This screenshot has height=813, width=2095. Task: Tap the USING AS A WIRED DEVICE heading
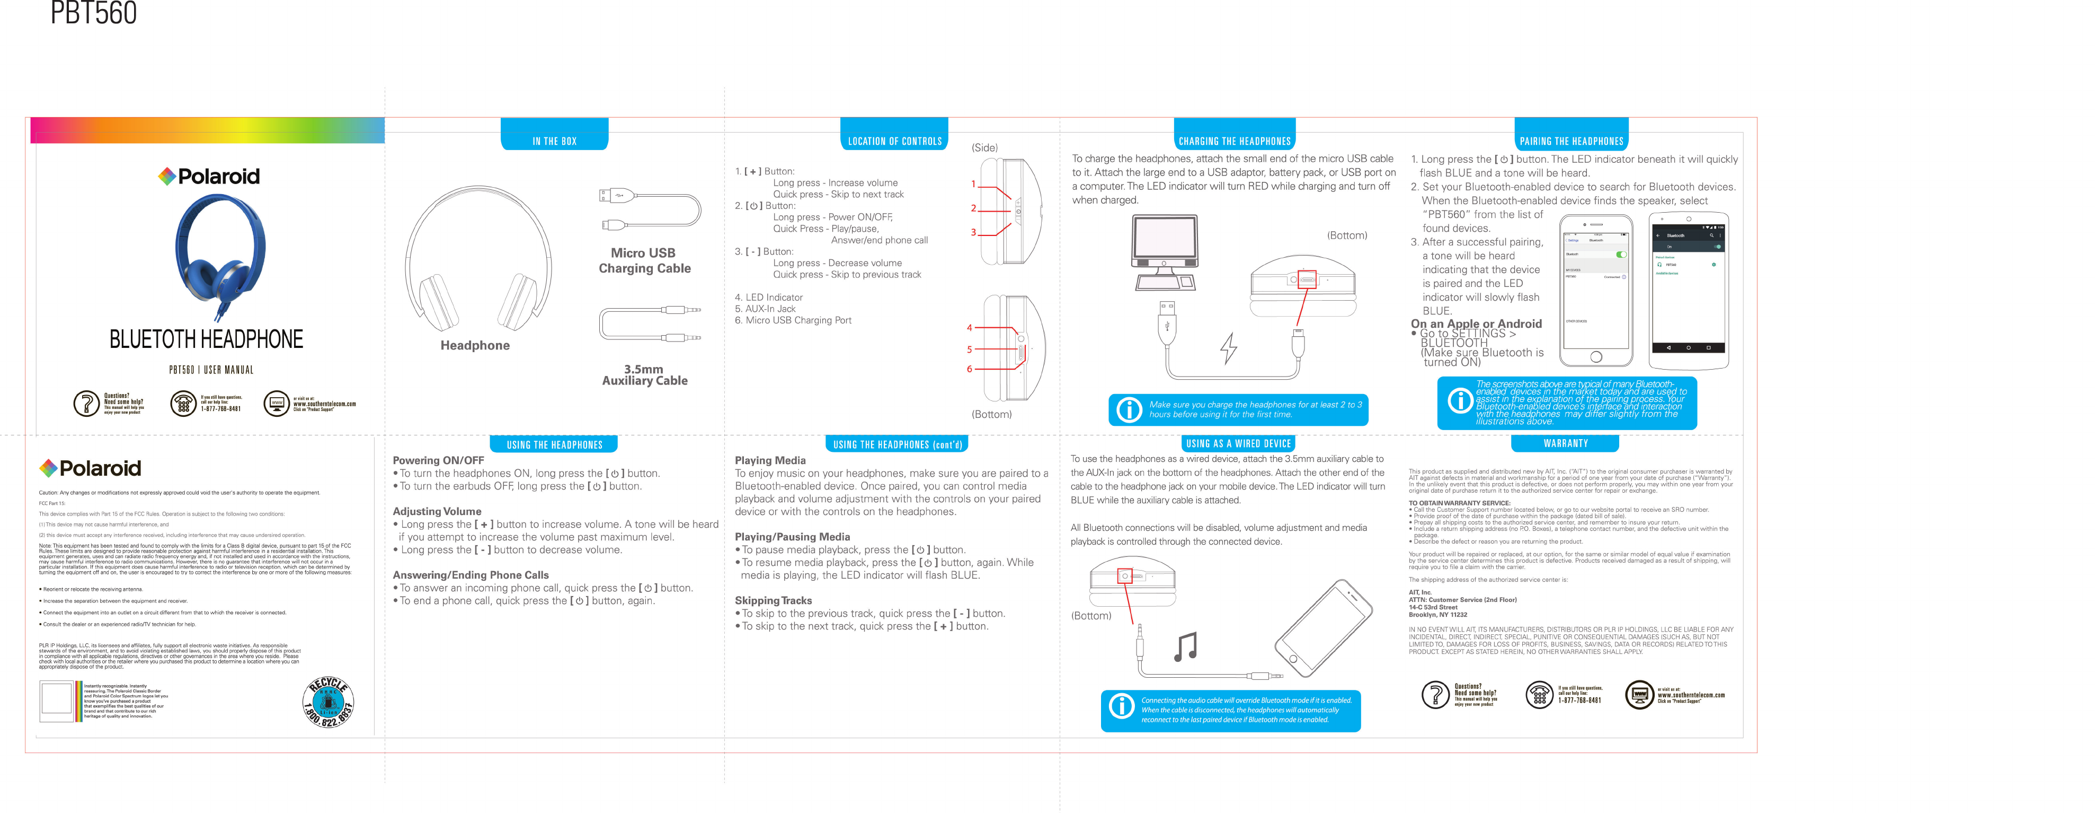1238,443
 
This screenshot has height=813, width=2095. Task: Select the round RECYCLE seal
328,702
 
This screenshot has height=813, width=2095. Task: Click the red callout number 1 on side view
973,185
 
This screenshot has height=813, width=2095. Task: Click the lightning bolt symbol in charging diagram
1228,348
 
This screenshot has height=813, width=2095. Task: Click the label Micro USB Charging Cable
644,260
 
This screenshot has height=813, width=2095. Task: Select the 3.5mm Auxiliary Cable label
644,375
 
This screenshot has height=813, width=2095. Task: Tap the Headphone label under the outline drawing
475,345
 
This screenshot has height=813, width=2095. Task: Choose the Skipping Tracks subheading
773,600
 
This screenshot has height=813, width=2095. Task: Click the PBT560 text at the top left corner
94,13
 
